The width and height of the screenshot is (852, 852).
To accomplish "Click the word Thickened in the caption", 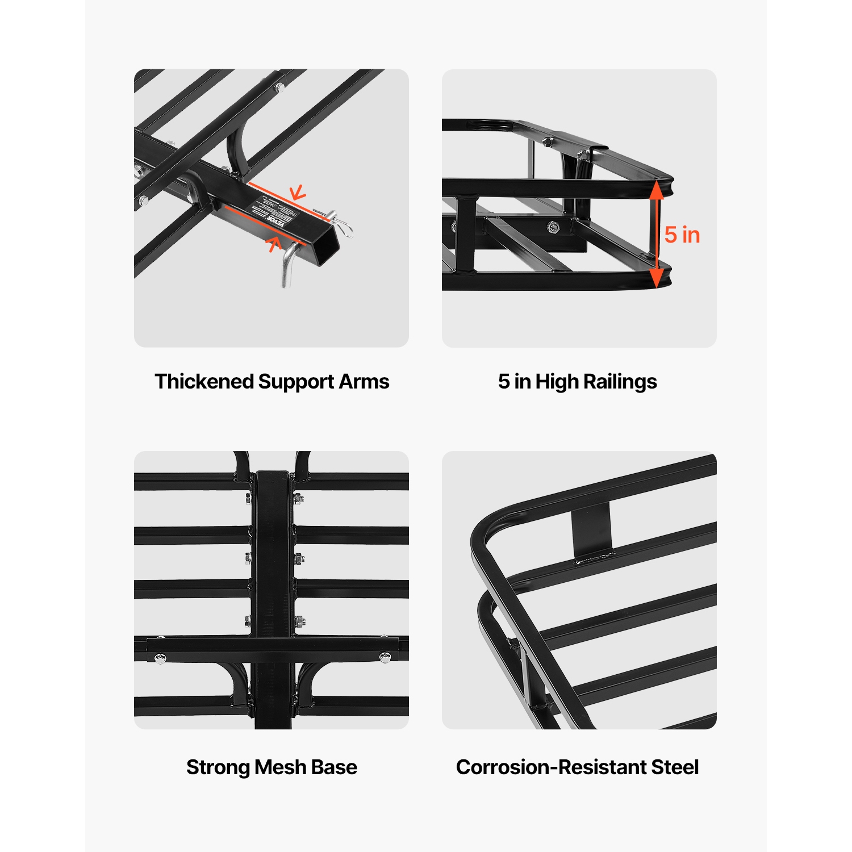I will pyautogui.click(x=204, y=382).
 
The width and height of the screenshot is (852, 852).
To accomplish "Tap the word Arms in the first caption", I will pyautogui.click(x=364, y=382).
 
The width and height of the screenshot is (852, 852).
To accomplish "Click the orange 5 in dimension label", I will pyautogui.click(x=682, y=235).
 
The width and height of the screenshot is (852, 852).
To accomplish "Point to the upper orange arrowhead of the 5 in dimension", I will pyautogui.click(x=656, y=191).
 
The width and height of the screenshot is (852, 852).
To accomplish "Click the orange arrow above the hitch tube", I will pyautogui.click(x=298, y=193).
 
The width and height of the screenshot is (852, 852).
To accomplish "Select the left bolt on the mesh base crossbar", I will pyautogui.click(x=161, y=659).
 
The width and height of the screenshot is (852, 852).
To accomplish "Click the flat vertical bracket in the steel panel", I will pyautogui.click(x=591, y=532).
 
